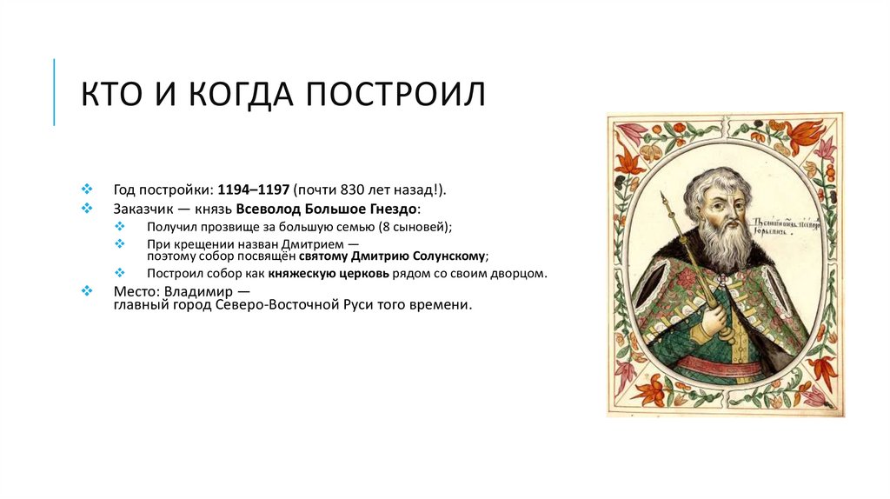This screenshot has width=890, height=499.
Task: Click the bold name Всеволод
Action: [285, 209]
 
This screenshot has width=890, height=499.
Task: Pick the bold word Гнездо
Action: [393, 209]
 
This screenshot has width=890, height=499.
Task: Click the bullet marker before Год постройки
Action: [86, 189]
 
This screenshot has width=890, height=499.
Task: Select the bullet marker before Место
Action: [86, 291]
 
